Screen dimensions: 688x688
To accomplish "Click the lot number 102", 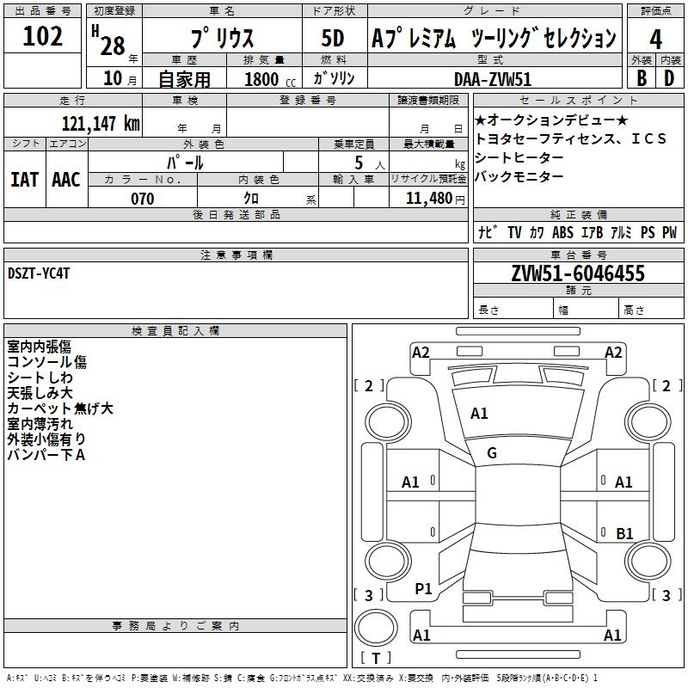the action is click(43, 37).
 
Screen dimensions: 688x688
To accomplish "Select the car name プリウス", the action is click(221, 40).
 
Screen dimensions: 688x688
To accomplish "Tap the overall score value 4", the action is click(655, 39).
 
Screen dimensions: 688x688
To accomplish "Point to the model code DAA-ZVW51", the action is click(493, 79).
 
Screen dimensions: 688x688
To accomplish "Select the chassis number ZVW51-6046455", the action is click(578, 274).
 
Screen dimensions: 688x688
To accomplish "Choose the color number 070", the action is click(142, 199).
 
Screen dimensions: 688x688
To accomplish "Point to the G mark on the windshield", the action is click(492, 453).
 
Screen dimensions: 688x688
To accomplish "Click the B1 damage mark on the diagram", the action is click(624, 533).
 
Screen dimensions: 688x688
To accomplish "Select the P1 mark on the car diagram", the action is click(423, 589).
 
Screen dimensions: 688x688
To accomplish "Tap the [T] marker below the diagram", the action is click(377, 659).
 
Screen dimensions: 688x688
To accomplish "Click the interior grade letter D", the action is click(668, 77).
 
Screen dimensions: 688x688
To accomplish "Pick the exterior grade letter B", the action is click(641, 77).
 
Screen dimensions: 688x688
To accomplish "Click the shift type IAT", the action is click(24, 180).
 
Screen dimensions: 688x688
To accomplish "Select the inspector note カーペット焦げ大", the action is click(60, 408).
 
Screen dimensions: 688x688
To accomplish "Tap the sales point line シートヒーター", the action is click(519, 157).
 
